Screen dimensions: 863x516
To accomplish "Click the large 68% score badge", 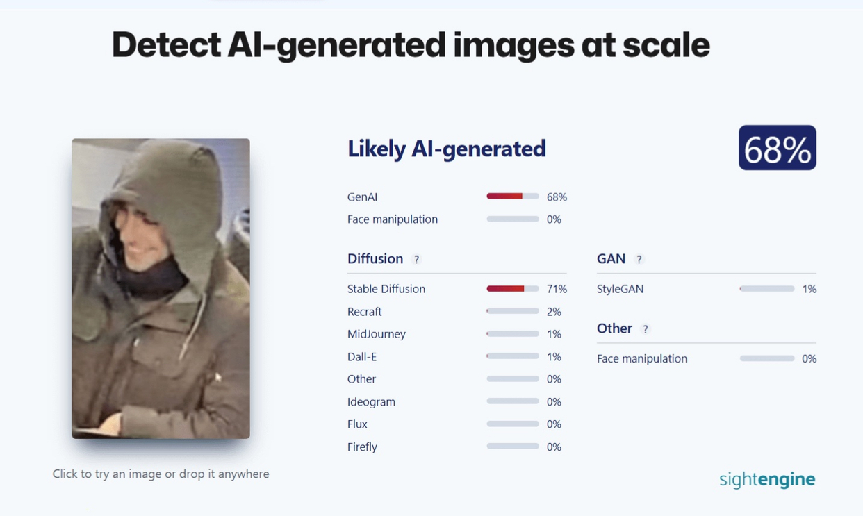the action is click(x=777, y=148).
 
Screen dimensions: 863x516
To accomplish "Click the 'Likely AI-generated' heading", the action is click(x=447, y=149).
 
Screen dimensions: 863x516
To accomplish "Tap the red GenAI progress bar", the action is click(x=512, y=197).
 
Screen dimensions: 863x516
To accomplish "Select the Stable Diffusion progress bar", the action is click(x=512, y=289).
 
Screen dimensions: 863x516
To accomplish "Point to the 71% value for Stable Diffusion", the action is click(x=557, y=289).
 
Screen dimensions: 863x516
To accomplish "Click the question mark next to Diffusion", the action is click(x=416, y=260).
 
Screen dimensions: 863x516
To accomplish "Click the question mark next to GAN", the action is click(x=639, y=260).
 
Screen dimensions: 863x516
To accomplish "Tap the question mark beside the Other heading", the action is click(x=646, y=329).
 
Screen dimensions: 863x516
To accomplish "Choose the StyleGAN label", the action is click(x=620, y=289).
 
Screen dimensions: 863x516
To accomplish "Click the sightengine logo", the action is click(x=767, y=479).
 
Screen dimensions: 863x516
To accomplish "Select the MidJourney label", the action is click(x=377, y=334).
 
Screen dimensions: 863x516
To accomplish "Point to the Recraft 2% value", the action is click(x=554, y=312).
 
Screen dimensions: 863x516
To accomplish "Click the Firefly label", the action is click(x=362, y=447).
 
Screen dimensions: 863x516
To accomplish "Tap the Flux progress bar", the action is click(x=512, y=424).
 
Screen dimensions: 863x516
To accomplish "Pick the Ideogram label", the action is click(x=371, y=402).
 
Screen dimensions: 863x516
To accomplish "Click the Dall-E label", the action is click(x=362, y=357).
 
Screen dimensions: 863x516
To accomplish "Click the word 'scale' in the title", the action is click(x=666, y=45).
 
